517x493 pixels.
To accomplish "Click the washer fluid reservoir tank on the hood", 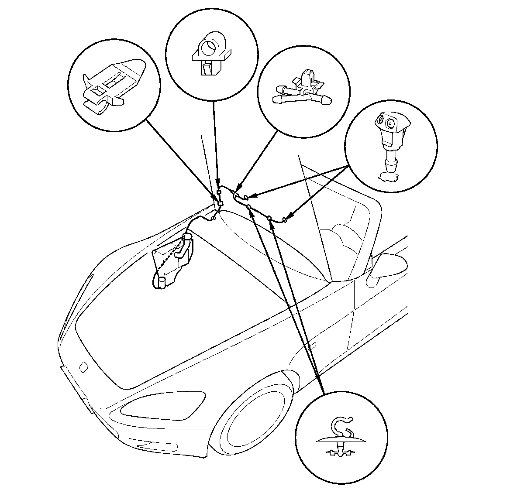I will point(172,262).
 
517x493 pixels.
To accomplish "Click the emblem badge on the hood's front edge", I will point(83,366).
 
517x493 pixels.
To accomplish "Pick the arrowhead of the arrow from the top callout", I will point(218,187).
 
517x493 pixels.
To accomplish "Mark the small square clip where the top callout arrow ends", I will point(219,192).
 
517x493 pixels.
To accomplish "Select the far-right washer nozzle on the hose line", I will point(285,219).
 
